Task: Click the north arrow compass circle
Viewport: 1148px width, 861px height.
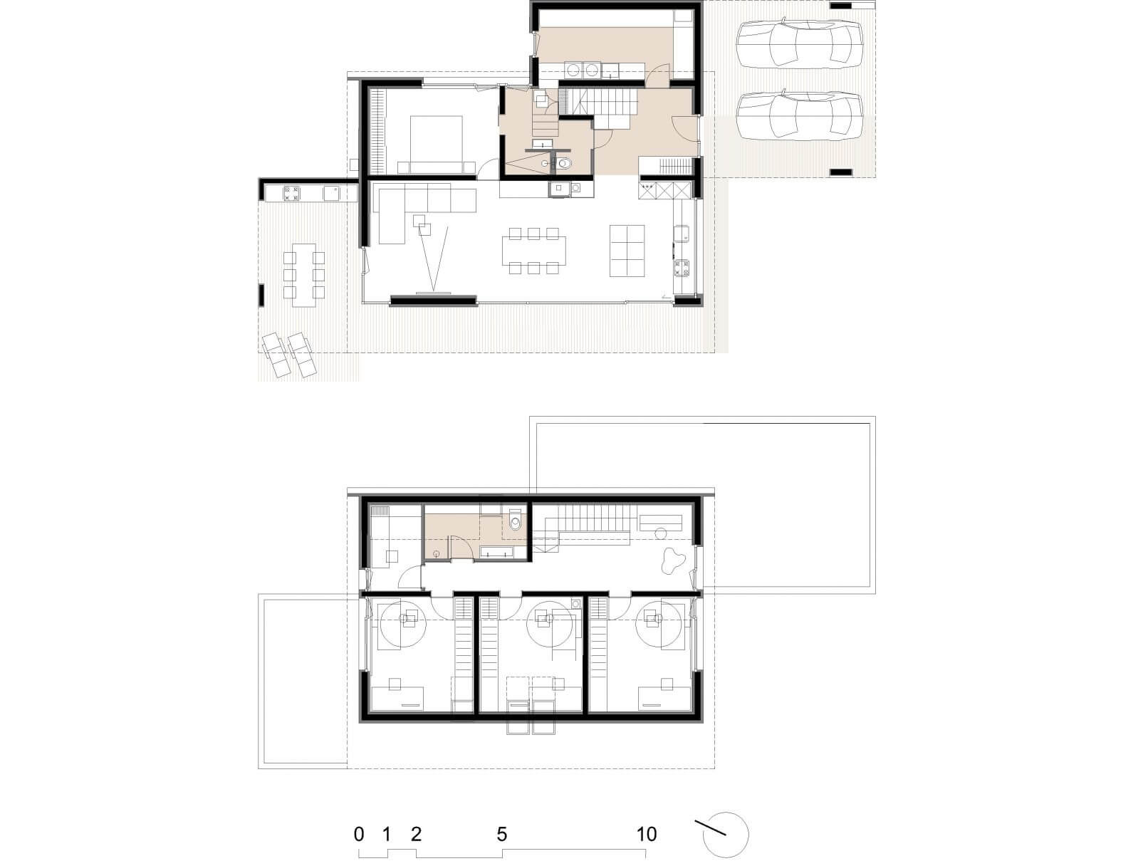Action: point(726,835)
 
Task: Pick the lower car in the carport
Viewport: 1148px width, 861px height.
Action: point(798,116)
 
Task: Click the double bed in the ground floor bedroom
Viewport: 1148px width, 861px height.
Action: point(436,145)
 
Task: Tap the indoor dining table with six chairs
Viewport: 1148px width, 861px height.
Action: point(533,251)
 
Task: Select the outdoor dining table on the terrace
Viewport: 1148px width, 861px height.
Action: point(304,274)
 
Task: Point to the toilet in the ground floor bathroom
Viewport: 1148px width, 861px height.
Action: point(563,164)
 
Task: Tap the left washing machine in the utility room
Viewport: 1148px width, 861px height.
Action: point(574,70)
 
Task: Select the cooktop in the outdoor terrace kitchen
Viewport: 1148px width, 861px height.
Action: point(292,194)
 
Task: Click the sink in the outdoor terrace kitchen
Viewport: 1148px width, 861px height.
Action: point(332,194)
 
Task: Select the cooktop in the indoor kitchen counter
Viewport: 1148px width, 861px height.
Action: point(682,268)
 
